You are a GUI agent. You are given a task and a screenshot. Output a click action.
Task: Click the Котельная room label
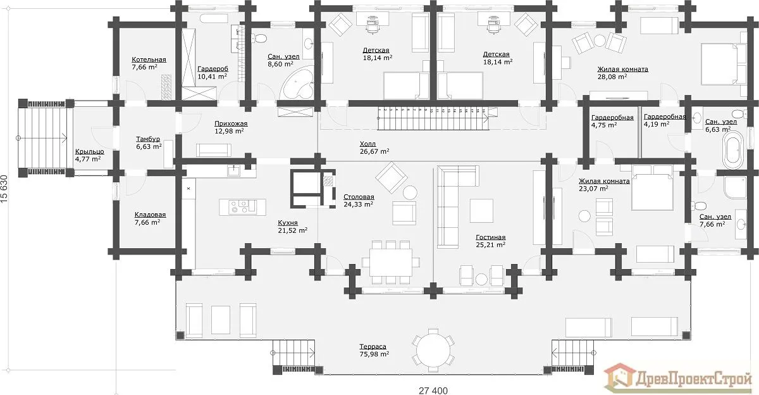click(149, 60)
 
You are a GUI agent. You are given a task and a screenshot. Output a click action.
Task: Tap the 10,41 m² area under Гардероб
click(212, 77)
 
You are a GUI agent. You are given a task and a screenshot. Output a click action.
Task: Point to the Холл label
click(367, 144)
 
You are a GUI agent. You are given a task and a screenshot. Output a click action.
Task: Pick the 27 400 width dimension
click(433, 391)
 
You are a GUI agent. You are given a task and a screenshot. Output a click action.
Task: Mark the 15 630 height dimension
click(4, 189)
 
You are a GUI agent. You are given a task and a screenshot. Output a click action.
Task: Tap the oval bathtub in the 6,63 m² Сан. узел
click(733, 150)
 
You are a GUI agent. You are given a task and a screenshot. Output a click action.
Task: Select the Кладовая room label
click(150, 215)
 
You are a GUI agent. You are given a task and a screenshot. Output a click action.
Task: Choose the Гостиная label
click(490, 237)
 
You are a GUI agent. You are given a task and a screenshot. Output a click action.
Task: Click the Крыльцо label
click(89, 151)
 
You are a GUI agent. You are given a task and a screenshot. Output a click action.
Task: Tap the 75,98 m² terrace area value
click(374, 354)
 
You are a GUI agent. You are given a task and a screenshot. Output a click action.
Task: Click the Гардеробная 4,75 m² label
click(612, 121)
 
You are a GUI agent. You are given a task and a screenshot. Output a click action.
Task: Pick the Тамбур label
click(148, 139)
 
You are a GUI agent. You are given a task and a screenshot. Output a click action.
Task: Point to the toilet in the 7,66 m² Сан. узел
click(699, 206)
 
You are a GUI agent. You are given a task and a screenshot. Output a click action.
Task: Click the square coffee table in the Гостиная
click(481, 211)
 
